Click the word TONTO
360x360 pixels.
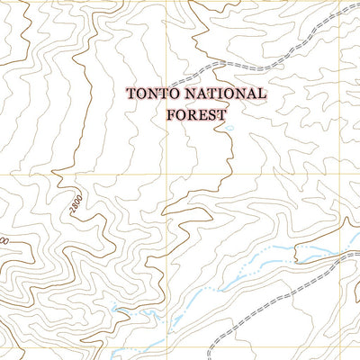(148, 93)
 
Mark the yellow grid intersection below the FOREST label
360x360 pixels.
(167, 175)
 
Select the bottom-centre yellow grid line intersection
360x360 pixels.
(167, 346)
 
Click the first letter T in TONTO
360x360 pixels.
(131, 93)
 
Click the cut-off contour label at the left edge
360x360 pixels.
(4, 241)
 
